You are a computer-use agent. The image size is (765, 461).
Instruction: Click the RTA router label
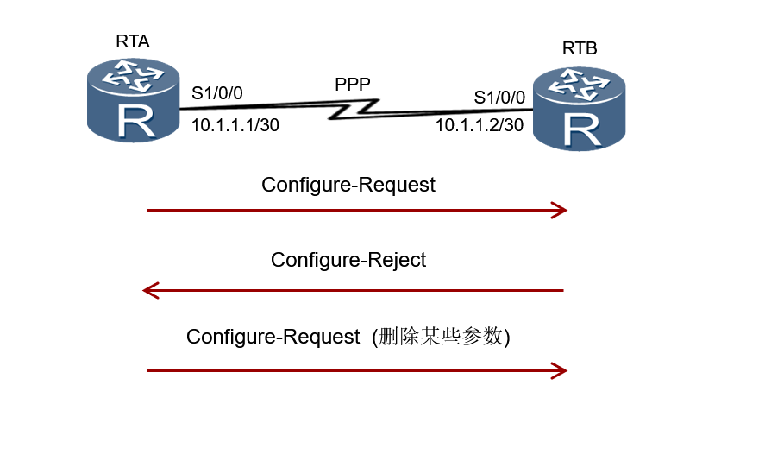pos(132,41)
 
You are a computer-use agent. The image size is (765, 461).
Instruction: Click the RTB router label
pos(580,48)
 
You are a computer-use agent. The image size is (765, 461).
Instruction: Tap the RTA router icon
pos(133,100)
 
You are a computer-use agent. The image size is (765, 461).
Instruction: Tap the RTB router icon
pos(579,107)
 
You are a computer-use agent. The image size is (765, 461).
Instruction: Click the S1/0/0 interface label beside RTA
pos(217,93)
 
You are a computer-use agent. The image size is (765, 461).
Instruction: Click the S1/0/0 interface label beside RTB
pos(499,97)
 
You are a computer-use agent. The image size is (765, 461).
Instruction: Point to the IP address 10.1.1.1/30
pos(235,124)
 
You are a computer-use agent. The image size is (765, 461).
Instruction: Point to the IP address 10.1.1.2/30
pos(479,125)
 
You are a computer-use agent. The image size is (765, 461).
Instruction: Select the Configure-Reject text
pos(348,260)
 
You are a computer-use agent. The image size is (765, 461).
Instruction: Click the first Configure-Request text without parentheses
pos(348,185)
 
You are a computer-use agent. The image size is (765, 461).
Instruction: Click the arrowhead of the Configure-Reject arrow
pos(150,290)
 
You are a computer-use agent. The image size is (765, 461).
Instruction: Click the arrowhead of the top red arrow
pos(560,210)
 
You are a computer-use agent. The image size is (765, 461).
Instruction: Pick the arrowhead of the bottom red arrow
pos(560,370)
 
